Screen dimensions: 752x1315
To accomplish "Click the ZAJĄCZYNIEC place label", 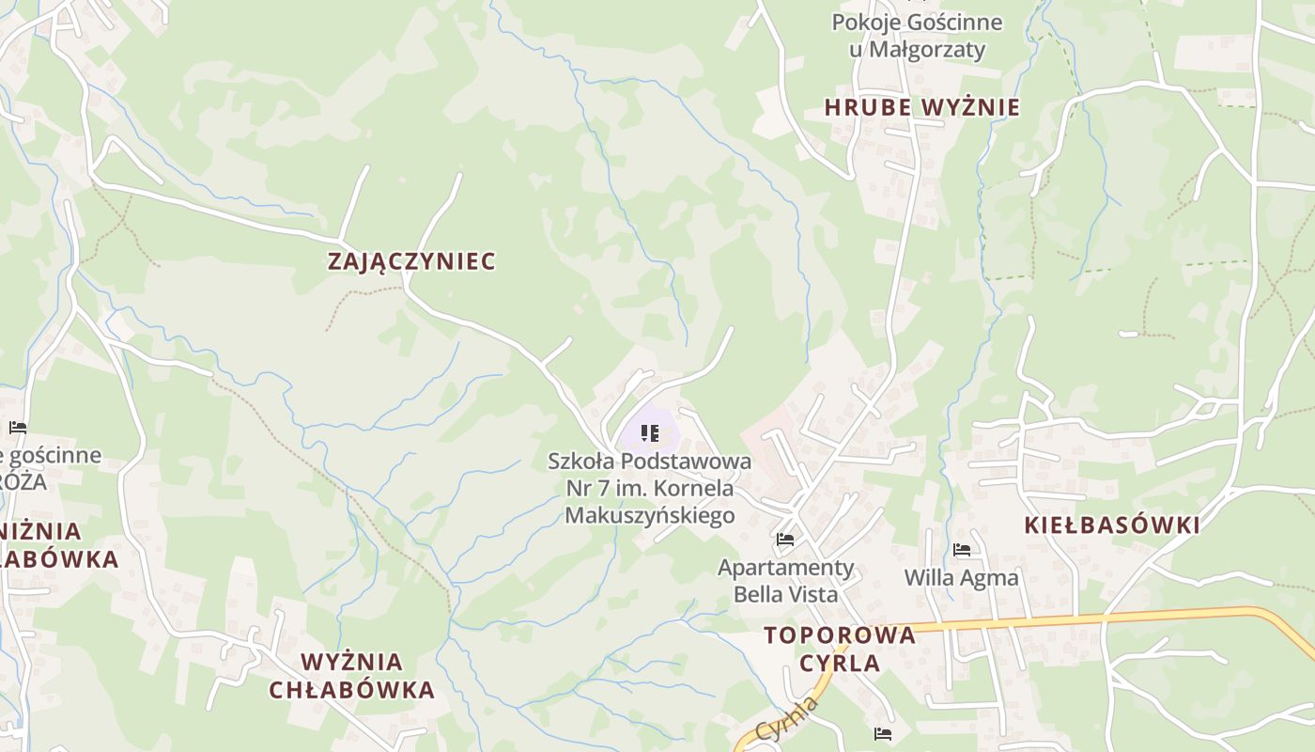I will click(x=411, y=261).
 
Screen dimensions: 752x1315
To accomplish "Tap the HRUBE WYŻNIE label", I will click(x=921, y=107).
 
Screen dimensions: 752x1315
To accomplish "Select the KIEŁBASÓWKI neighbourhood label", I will click(x=1111, y=525).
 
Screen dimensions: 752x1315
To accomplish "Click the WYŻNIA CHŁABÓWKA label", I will click(x=351, y=676).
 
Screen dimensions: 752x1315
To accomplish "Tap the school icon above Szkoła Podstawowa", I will click(x=649, y=433).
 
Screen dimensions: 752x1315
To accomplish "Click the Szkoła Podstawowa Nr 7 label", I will click(x=649, y=488).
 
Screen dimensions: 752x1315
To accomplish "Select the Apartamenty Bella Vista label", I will click(x=785, y=580).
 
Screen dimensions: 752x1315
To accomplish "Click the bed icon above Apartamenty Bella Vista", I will click(x=785, y=540).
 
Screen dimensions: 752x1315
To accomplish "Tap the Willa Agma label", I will click(x=961, y=577).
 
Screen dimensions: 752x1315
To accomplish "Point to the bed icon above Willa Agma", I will click(x=961, y=550).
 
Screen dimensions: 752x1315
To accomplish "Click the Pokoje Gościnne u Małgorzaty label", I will click(x=917, y=35).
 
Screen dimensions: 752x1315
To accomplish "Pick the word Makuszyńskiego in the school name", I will click(x=649, y=515).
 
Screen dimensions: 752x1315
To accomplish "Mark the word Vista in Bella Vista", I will click(x=813, y=594).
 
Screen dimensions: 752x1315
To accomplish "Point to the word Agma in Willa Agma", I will click(x=991, y=577).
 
